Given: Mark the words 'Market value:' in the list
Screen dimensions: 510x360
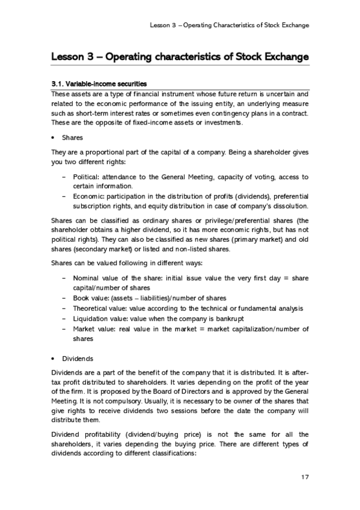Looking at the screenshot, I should (93, 328).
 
